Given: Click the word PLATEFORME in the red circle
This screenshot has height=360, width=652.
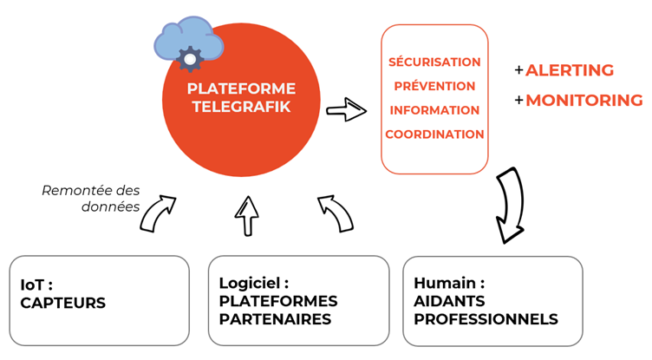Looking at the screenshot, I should coord(241,88).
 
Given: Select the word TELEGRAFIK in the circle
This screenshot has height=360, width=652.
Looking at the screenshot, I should coord(241,108).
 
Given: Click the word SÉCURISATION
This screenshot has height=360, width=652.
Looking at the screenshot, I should coord(434,62).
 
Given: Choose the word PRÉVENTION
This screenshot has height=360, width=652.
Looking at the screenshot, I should coord(434,86).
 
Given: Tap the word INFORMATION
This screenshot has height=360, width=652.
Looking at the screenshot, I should coord(434,110).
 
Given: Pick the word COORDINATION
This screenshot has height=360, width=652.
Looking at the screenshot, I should coord(434,134).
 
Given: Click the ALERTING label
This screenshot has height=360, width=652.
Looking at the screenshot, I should coord(570,70).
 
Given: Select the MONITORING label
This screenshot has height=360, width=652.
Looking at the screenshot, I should coord(584,100).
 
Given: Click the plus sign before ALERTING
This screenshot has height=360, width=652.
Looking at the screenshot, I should coord(518,70).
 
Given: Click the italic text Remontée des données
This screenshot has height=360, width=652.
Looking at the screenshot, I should coord(90,199).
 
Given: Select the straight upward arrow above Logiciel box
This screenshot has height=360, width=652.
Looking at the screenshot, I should coord(247,215).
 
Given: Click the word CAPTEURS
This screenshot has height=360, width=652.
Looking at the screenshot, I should coord(62,304).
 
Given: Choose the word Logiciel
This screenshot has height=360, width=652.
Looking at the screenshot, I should coord(250,284).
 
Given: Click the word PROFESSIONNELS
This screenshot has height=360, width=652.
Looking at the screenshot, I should coord(486,319).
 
